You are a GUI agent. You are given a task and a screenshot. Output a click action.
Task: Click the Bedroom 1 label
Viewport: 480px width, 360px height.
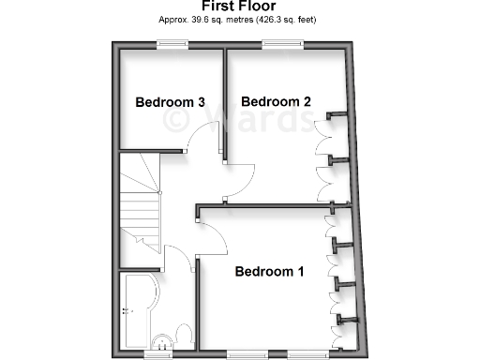(x=269, y=273)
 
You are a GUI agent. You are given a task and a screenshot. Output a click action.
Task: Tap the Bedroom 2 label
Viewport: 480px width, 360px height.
(x=276, y=101)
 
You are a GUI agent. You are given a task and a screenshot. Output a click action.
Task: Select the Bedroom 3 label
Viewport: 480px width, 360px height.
(x=170, y=102)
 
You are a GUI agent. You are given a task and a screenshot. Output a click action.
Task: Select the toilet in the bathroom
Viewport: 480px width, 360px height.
(x=184, y=336)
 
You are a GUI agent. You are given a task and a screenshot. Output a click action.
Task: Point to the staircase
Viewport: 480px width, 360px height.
(x=139, y=202)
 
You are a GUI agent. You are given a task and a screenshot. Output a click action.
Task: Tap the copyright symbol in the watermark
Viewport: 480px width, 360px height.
(x=175, y=120)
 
